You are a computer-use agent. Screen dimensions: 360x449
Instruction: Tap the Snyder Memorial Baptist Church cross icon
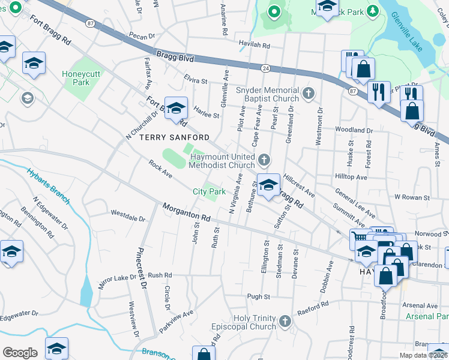pyautogui.click(x=309, y=94)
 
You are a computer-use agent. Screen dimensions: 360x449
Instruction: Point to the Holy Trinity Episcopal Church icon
pyautogui.click(x=285, y=322)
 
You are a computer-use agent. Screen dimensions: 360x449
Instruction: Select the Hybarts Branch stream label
pyautogui.click(x=50, y=180)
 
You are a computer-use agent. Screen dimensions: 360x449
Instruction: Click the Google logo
pyautogui.click(x=20, y=352)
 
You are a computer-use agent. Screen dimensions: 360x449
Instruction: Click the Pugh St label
pyautogui.click(x=259, y=296)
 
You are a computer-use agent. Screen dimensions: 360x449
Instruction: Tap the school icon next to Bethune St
pyautogui.click(x=268, y=184)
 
